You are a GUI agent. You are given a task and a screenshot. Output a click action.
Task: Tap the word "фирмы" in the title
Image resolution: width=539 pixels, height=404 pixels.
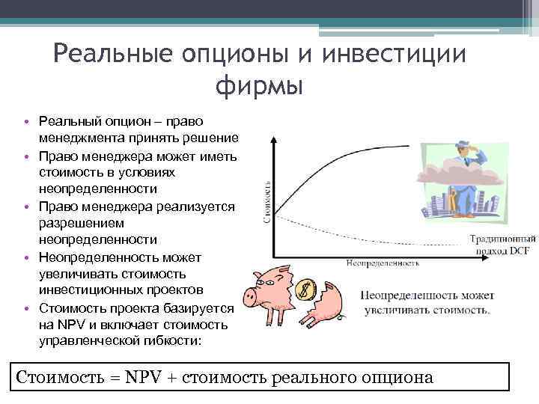click(259, 85)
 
